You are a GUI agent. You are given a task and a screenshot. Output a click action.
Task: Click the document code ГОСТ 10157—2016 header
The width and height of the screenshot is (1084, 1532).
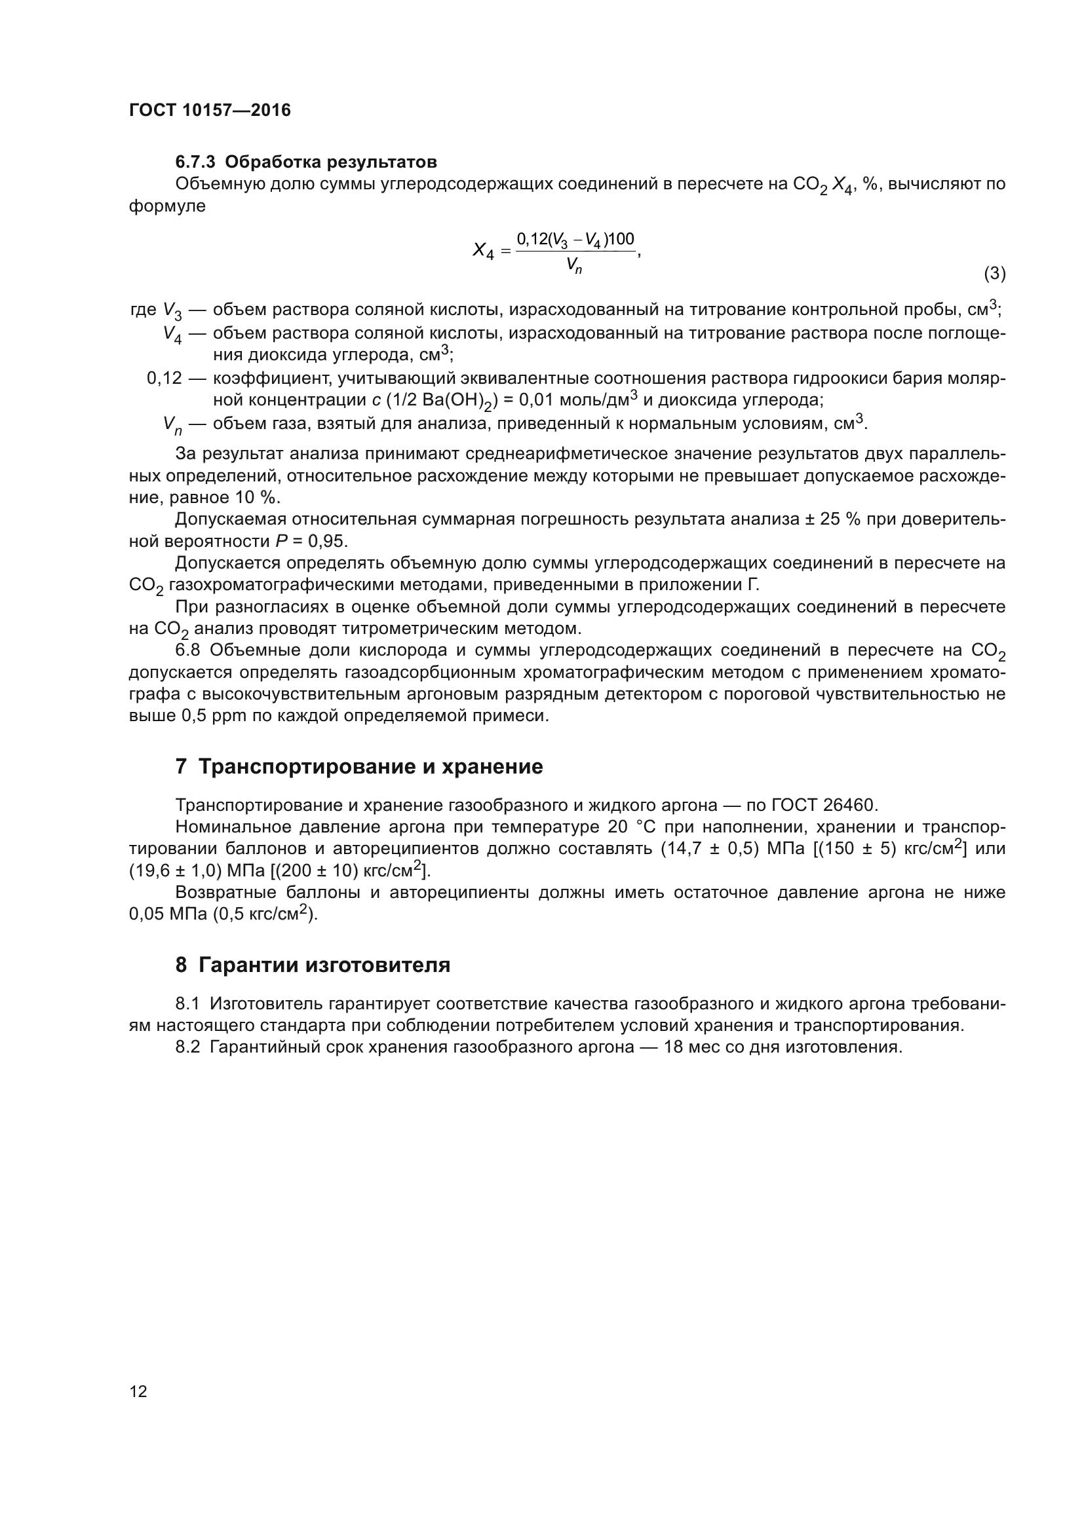[x=210, y=110]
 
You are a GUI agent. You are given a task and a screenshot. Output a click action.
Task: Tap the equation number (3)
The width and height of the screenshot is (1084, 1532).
[x=995, y=274]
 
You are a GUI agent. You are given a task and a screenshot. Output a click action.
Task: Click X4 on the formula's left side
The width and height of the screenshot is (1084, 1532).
[x=483, y=252]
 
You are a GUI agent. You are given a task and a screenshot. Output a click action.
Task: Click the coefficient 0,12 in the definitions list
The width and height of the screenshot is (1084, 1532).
[x=165, y=379]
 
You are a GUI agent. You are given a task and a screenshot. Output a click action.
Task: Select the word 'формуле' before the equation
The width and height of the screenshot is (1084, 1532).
[x=167, y=206]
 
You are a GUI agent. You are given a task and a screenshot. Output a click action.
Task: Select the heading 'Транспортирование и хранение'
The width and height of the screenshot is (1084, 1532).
[x=370, y=767]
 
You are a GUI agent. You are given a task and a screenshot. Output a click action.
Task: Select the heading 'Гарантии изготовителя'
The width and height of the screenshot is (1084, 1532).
[x=324, y=965]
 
